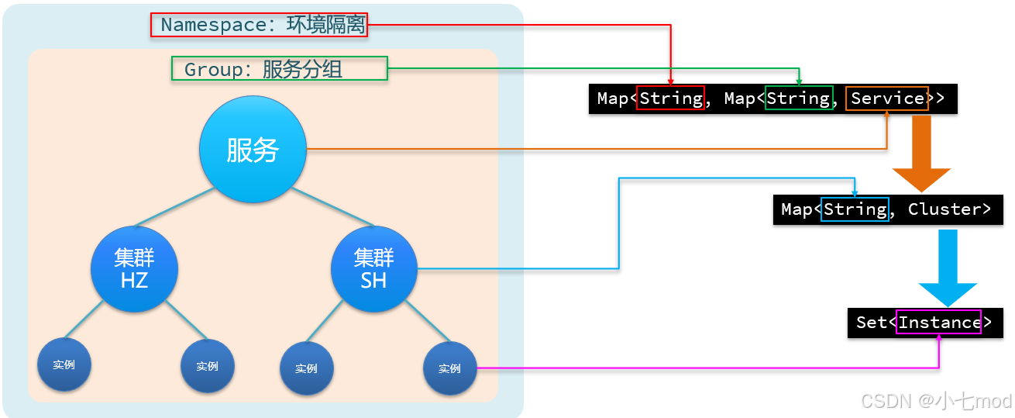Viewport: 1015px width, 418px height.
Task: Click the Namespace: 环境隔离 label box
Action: tap(258, 25)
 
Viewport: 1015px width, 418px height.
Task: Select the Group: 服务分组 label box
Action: tap(279, 69)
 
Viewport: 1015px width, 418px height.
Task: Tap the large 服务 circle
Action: tap(253, 150)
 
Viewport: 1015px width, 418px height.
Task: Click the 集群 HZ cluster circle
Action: tap(134, 268)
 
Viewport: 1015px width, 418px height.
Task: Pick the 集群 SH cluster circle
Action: tap(373, 268)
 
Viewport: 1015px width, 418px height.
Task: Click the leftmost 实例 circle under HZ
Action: tap(64, 364)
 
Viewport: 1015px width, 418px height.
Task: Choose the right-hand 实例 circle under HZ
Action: tap(207, 366)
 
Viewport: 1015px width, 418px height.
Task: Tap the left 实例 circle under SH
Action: tap(306, 368)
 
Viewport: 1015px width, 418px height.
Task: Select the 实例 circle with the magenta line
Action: tap(449, 368)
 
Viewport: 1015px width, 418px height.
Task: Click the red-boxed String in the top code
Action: tap(670, 98)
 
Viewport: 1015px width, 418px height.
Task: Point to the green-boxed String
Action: tap(798, 98)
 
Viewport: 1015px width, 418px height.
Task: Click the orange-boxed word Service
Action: tap(887, 98)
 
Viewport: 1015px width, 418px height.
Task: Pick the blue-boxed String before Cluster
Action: tap(855, 209)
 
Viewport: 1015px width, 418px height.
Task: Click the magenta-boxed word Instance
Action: tap(939, 323)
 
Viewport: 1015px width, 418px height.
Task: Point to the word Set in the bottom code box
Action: tap(871, 323)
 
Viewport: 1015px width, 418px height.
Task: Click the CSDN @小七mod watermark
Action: tap(936, 400)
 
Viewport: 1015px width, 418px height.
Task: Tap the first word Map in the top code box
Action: tap(612, 98)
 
